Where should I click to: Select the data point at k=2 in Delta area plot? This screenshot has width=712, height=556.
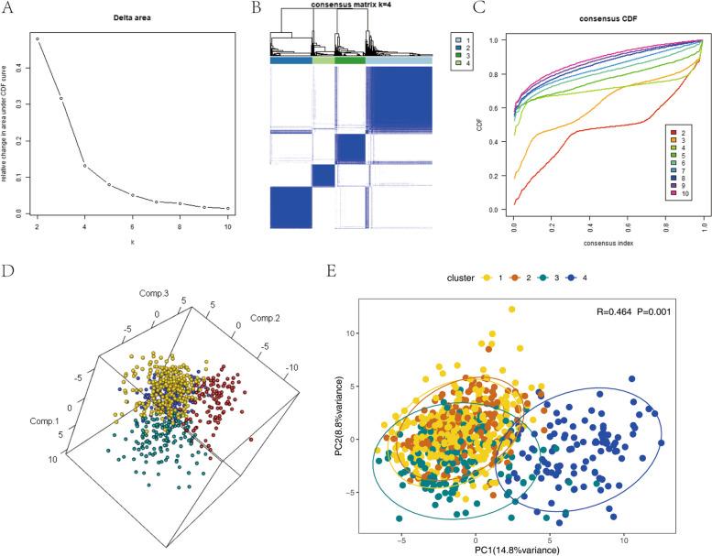[38, 38]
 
